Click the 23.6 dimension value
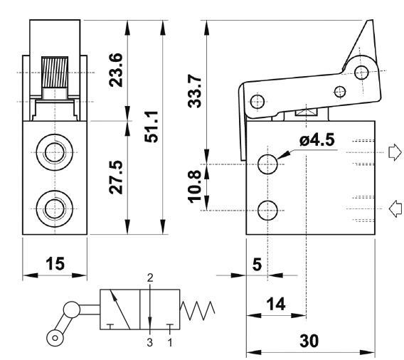116,70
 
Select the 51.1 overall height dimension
151,127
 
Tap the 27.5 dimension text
116,177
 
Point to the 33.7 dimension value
194,91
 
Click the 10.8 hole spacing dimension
194,186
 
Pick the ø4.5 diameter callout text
317,140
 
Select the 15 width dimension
55,264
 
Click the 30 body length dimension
309,341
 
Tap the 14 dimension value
276,304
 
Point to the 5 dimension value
257,265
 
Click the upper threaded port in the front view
55,152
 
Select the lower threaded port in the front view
55,208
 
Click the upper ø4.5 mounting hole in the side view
267,164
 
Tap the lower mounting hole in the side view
267,211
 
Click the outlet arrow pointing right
395,152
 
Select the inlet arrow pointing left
395,208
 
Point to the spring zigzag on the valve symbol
197,310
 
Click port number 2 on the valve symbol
150,277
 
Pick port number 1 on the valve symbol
170,342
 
